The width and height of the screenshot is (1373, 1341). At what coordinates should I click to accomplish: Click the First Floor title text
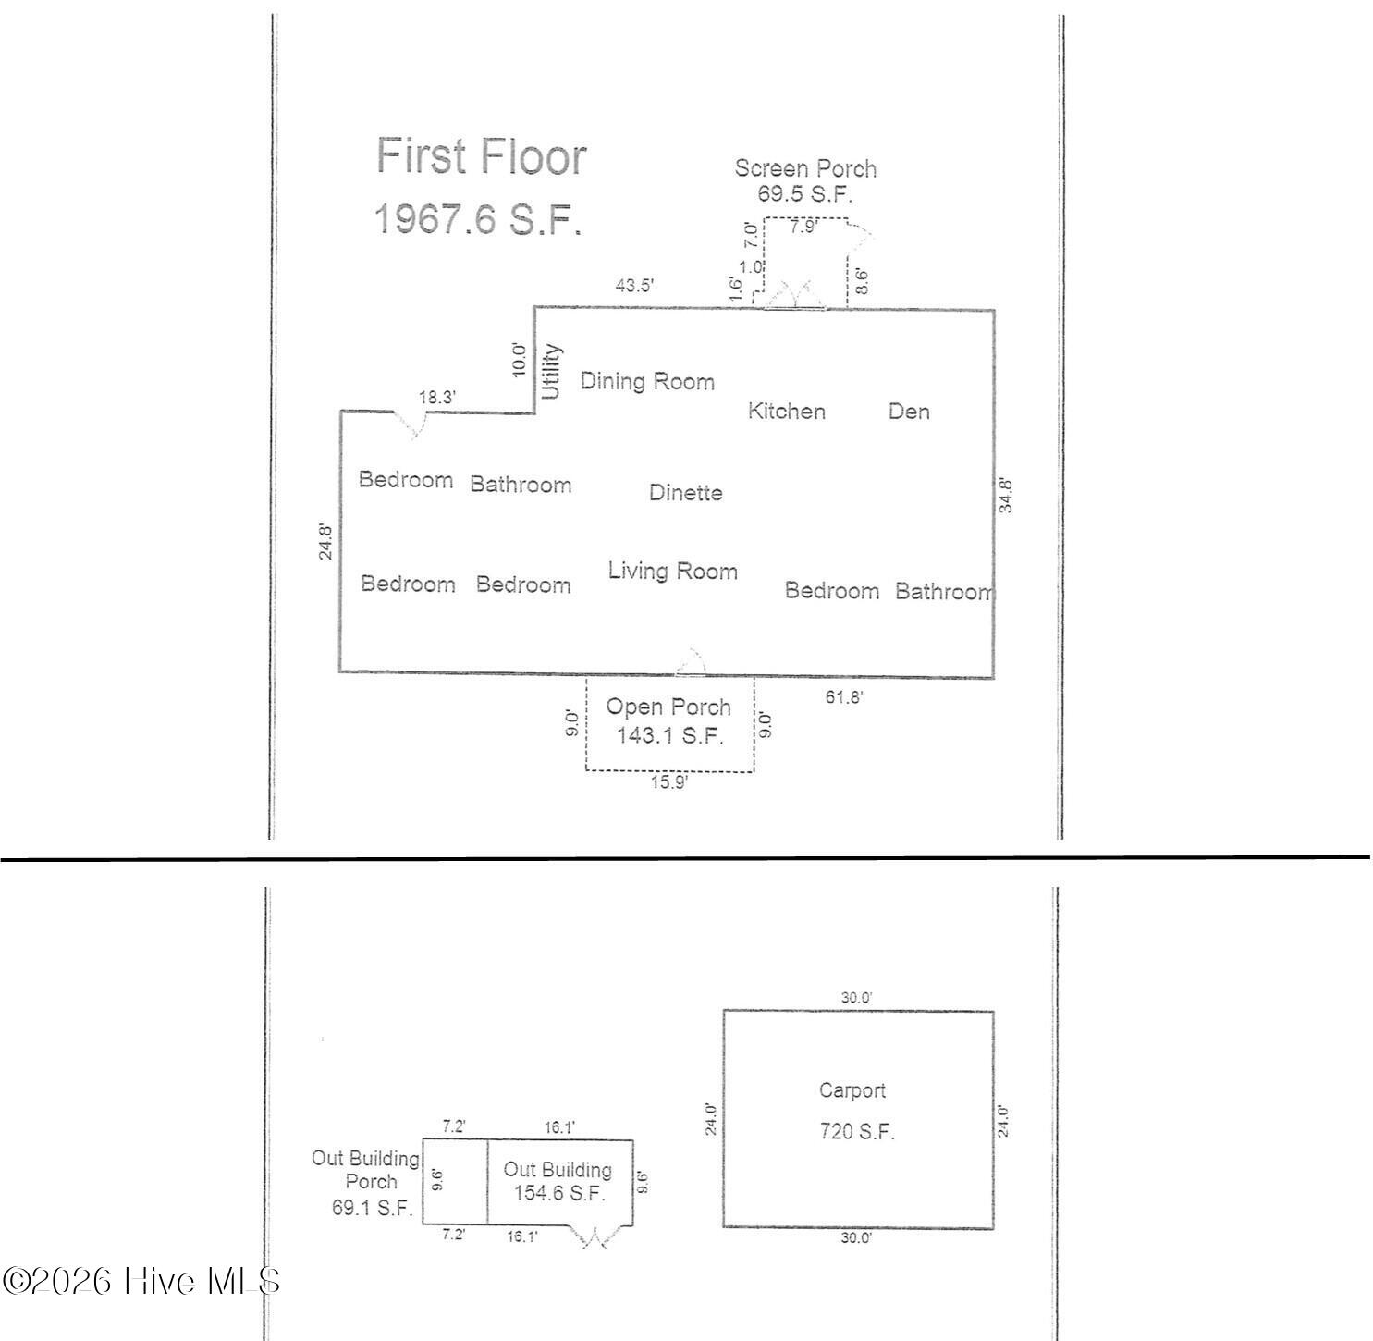pyautogui.click(x=481, y=156)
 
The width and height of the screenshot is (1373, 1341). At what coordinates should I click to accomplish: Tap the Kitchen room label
pyautogui.click(x=786, y=411)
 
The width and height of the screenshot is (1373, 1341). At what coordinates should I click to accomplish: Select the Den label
pyautogui.click(x=909, y=411)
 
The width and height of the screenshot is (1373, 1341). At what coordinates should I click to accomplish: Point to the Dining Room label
pyautogui.click(x=647, y=382)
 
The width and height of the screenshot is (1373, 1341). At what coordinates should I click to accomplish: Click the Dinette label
pyautogui.click(x=686, y=492)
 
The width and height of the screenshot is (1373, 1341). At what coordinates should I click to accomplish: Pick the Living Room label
pyautogui.click(x=672, y=571)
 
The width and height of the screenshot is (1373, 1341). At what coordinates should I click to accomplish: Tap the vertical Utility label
pyautogui.click(x=550, y=371)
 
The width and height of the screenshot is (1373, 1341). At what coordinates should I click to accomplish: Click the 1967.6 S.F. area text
pyautogui.click(x=478, y=219)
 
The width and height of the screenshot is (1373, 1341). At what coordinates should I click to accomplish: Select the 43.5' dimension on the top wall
pyautogui.click(x=634, y=285)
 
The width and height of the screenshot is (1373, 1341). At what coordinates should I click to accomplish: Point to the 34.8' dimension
pyautogui.click(x=1006, y=496)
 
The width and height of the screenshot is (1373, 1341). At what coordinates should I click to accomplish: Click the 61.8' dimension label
pyautogui.click(x=844, y=697)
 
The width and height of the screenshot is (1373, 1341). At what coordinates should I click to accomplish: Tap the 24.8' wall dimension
pyautogui.click(x=325, y=541)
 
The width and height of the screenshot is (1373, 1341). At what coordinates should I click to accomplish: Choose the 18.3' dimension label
pyautogui.click(x=436, y=397)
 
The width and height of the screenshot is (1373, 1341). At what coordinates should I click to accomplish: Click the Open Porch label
pyautogui.click(x=668, y=707)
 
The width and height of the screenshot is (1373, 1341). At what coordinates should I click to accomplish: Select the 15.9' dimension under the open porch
pyautogui.click(x=668, y=782)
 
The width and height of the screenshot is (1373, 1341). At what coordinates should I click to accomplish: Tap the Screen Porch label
pyautogui.click(x=805, y=168)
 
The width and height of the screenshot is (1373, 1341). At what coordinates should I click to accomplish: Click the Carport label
pyautogui.click(x=852, y=1089)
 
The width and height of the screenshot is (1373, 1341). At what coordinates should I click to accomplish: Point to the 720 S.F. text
pyautogui.click(x=856, y=1131)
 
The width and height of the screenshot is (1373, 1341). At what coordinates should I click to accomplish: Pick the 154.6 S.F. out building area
pyautogui.click(x=558, y=1193)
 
